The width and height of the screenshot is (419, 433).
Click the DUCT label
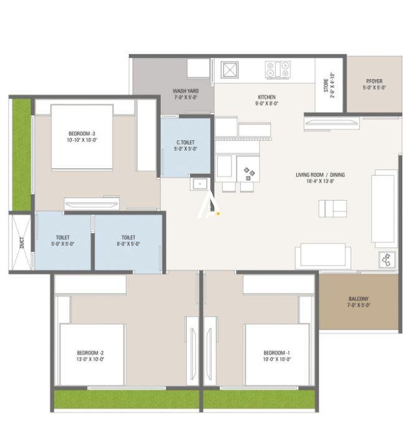[x=22, y=243]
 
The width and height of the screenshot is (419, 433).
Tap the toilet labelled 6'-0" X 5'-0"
[x=128, y=240]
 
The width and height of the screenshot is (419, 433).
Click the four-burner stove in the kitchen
[x=278, y=69]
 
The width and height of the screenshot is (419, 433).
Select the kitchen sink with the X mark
[x=228, y=69]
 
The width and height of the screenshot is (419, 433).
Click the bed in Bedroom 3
[x=82, y=137]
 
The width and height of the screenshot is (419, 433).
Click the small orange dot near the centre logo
[x=218, y=214]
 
